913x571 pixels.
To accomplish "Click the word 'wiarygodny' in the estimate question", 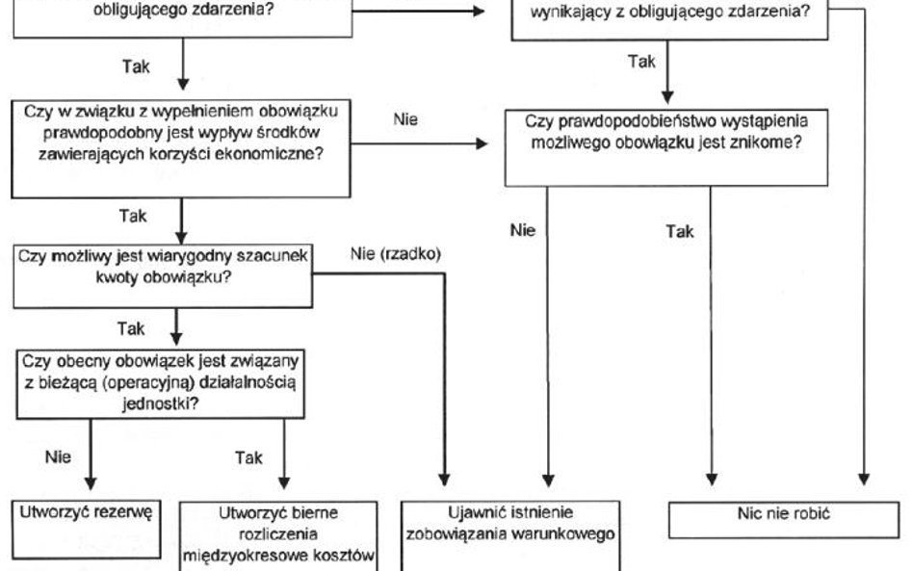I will pyautogui.click(x=153, y=257).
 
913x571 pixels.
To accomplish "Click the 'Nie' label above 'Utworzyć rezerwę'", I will pyautogui.click(x=59, y=458).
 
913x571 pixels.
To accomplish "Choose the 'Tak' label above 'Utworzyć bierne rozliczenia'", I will pyautogui.click(x=248, y=458).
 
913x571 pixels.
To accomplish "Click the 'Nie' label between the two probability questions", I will pyautogui.click(x=405, y=119).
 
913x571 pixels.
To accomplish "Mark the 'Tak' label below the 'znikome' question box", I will pyautogui.click(x=680, y=231).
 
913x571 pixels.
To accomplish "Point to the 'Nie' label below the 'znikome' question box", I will pyautogui.click(x=523, y=230).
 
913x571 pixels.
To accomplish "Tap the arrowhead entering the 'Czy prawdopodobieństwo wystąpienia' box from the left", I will pyautogui.click(x=482, y=144).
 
